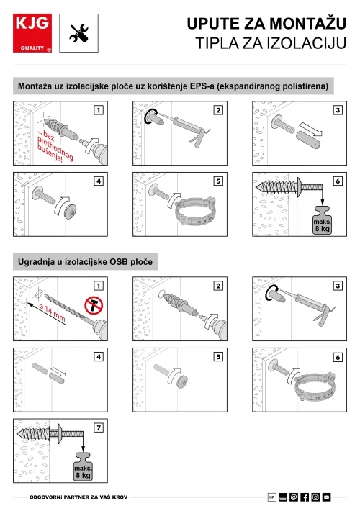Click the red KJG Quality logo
click(x=32, y=33)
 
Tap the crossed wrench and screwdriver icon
click(x=79, y=33)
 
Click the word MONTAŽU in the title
click(x=308, y=24)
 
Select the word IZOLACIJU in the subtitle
click(x=307, y=43)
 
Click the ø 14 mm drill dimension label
click(x=52, y=312)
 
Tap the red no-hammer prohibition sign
click(x=94, y=305)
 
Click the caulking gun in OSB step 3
click(x=308, y=306)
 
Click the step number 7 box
click(x=99, y=428)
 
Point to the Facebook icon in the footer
click(x=305, y=497)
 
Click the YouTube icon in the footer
click(x=326, y=497)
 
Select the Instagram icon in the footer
click(x=315, y=497)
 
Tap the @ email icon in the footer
click(x=294, y=497)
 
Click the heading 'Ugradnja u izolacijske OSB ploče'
click(x=85, y=262)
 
